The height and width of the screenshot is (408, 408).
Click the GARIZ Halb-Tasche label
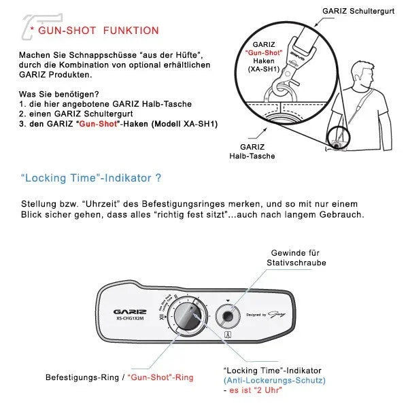pos(257,151)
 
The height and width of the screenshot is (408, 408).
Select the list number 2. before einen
pos(23,114)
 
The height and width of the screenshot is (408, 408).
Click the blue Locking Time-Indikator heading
pos(90,179)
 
